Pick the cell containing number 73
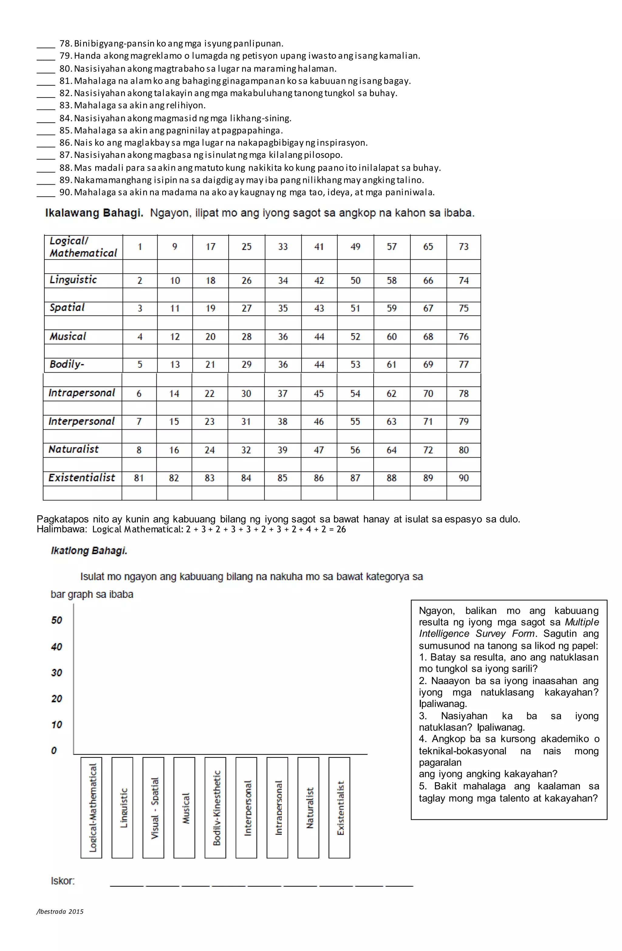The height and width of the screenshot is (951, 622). pyautogui.click(x=463, y=247)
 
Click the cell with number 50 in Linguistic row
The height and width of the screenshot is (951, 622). pyautogui.click(x=355, y=281)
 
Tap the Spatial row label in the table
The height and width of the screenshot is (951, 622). pyautogui.click(x=67, y=308)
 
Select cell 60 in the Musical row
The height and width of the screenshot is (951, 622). pyautogui.click(x=391, y=337)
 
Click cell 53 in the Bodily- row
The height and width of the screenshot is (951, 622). pyautogui.click(x=355, y=364)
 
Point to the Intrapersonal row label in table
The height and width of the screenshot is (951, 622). pyautogui.click(x=82, y=393)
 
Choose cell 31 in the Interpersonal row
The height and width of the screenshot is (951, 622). pyautogui.click(x=246, y=421)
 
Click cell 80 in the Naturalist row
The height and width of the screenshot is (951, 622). pyautogui.click(x=463, y=450)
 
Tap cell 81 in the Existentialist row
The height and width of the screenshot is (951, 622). pyautogui.click(x=139, y=478)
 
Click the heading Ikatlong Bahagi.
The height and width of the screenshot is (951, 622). pyautogui.click(x=89, y=550)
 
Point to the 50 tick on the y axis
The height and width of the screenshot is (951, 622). pyautogui.click(x=56, y=620)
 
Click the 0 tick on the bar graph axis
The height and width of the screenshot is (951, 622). pyautogui.click(x=54, y=750)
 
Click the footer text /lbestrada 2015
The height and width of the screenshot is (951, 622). pyautogui.click(x=60, y=919)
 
